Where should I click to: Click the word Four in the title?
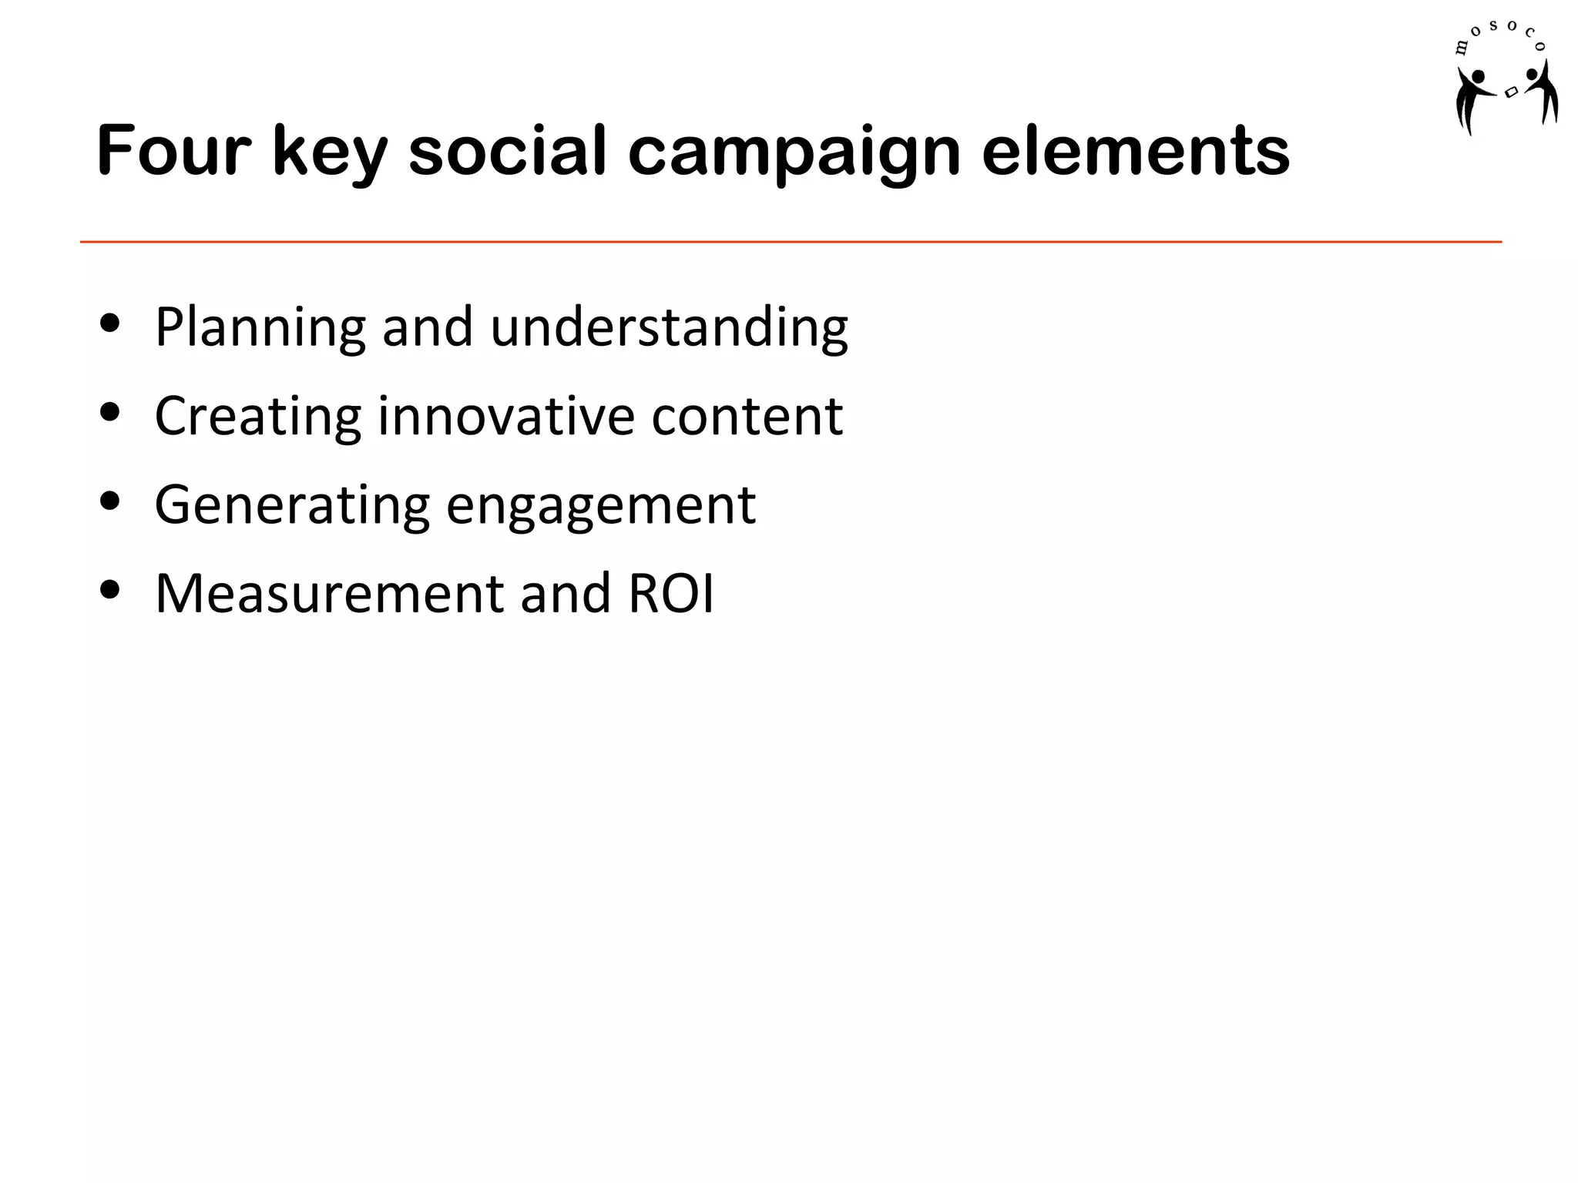point(174,151)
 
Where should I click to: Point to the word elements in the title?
point(1135,151)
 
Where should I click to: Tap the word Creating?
point(257,417)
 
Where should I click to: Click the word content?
point(747,417)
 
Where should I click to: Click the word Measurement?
point(328,594)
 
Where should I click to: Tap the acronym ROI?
point(671,594)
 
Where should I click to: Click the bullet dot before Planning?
point(110,323)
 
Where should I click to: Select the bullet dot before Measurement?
point(110,590)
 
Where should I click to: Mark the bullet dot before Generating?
point(110,501)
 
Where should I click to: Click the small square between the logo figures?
point(1511,92)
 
